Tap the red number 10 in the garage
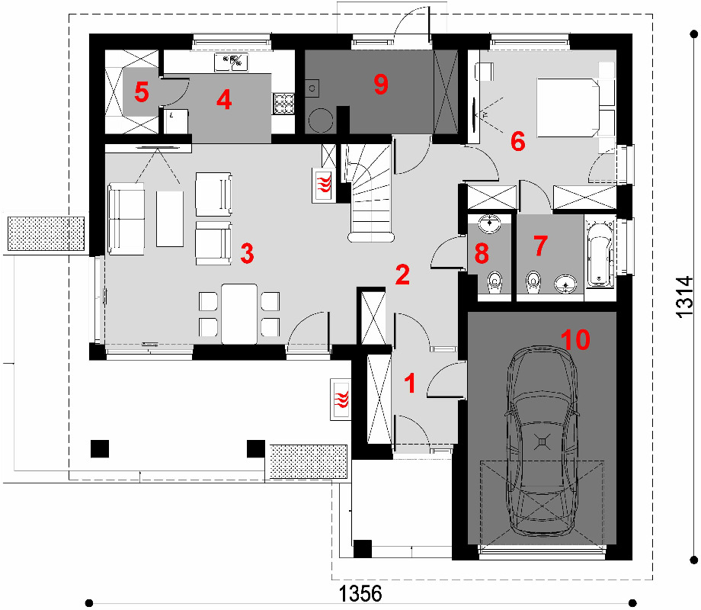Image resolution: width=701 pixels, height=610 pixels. [x=575, y=339]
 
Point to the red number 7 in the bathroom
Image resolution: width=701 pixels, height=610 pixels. [x=540, y=246]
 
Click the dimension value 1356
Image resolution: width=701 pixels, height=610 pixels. [x=360, y=594]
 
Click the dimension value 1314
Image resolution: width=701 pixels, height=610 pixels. [x=684, y=297]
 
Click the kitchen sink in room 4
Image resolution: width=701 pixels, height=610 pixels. [x=231, y=63]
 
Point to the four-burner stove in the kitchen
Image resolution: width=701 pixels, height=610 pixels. [x=283, y=104]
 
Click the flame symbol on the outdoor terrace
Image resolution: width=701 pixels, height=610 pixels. [x=341, y=400]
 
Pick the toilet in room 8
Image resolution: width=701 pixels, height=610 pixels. [x=494, y=282]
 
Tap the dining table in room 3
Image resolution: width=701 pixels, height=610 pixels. [x=239, y=313]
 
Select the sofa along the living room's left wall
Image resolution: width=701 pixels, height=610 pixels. [x=126, y=219]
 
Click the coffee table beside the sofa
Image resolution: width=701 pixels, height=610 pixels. [x=170, y=219]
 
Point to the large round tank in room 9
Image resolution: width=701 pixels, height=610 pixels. [x=321, y=120]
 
